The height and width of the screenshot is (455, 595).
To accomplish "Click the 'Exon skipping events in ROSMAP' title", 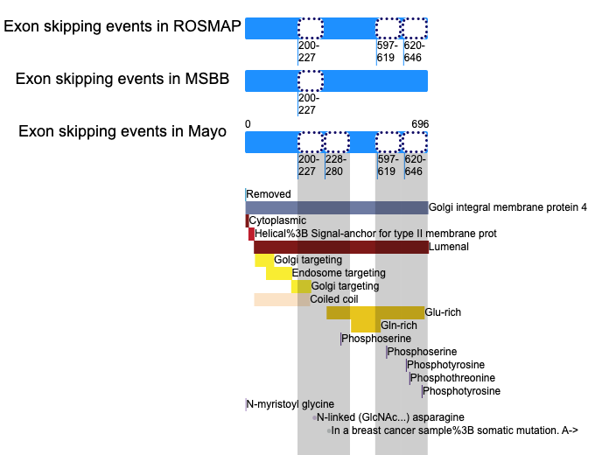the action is click(x=122, y=26).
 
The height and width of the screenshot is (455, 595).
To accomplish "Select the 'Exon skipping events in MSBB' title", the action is click(x=122, y=79).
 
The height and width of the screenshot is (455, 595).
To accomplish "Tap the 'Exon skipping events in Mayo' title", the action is click(x=122, y=131).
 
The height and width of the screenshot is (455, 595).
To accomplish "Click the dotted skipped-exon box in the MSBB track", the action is click(x=311, y=80).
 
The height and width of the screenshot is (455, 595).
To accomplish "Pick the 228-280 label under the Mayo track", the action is click(x=335, y=165).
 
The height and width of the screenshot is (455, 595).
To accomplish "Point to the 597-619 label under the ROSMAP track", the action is click(x=387, y=52).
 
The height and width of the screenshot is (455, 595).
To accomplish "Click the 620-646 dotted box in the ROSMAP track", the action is click(x=415, y=28).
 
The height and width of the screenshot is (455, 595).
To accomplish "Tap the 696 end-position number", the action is click(x=420, y=124).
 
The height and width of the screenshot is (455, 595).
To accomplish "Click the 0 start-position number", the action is click(x=248, y=124).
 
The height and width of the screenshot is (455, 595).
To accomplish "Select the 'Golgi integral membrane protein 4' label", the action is click(x=507, y=207).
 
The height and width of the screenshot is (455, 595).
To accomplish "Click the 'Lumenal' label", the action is click(x=449, y=247).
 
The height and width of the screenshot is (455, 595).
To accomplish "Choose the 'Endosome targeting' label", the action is click(x=339, y=273).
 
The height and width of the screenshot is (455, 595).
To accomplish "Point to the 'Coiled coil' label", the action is click(x=334, y=299).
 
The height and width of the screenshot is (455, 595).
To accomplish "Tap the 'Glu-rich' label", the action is click(x=443, y=312).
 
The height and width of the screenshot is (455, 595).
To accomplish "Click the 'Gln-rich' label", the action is click(x=399, y=325).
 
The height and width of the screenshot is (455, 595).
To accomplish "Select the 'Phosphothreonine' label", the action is click(x=452, y=378).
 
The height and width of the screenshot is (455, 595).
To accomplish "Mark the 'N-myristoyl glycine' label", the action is click(x=290, y=404).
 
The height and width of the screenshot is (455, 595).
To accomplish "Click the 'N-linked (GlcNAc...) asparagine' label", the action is click(x=390, y=417).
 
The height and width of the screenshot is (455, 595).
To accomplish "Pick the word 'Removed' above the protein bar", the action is click(x=269, y=194).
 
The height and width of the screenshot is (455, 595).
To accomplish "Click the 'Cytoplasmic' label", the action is click(x=277, y=220).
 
